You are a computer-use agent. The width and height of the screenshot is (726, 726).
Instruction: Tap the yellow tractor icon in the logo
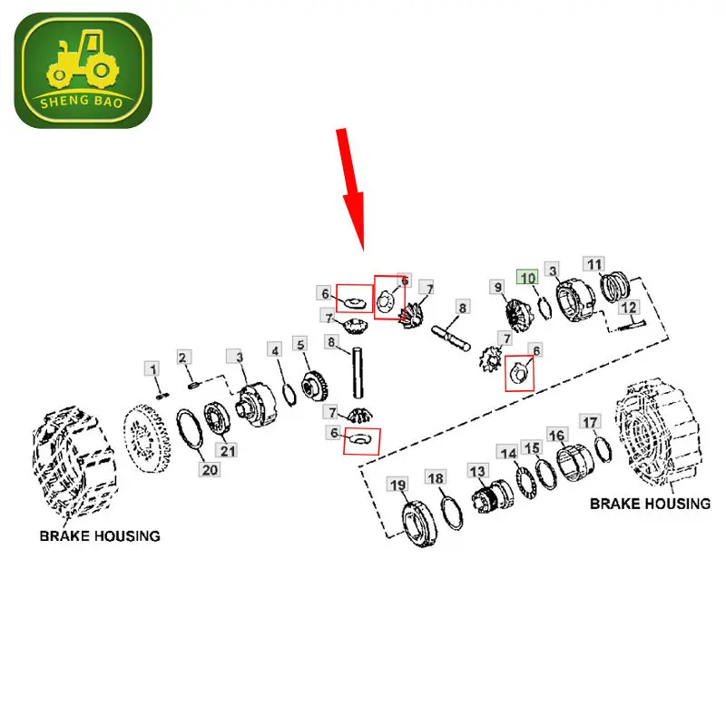(82, 63)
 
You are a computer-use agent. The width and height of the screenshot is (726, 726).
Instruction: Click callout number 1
(153, 368)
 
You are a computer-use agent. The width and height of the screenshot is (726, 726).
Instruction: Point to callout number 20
(211, 469)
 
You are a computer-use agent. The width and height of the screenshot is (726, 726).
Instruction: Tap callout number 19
(397, 485)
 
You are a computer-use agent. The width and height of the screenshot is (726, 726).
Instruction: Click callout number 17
(590, 422)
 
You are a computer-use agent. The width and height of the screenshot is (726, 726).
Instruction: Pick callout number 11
(594, 264)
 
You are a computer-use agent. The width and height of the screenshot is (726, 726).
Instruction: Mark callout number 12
(627, 309)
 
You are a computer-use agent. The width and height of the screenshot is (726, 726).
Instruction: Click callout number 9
(497, 287)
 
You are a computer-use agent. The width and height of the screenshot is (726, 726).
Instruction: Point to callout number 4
(275, 349)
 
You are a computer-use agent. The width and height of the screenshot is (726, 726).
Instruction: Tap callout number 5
(299, 345)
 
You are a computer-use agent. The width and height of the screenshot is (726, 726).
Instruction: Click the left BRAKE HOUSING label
(100, 535)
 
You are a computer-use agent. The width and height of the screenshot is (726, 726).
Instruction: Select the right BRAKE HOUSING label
(650, 504)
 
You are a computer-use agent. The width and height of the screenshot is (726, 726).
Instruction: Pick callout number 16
(557, 437)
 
